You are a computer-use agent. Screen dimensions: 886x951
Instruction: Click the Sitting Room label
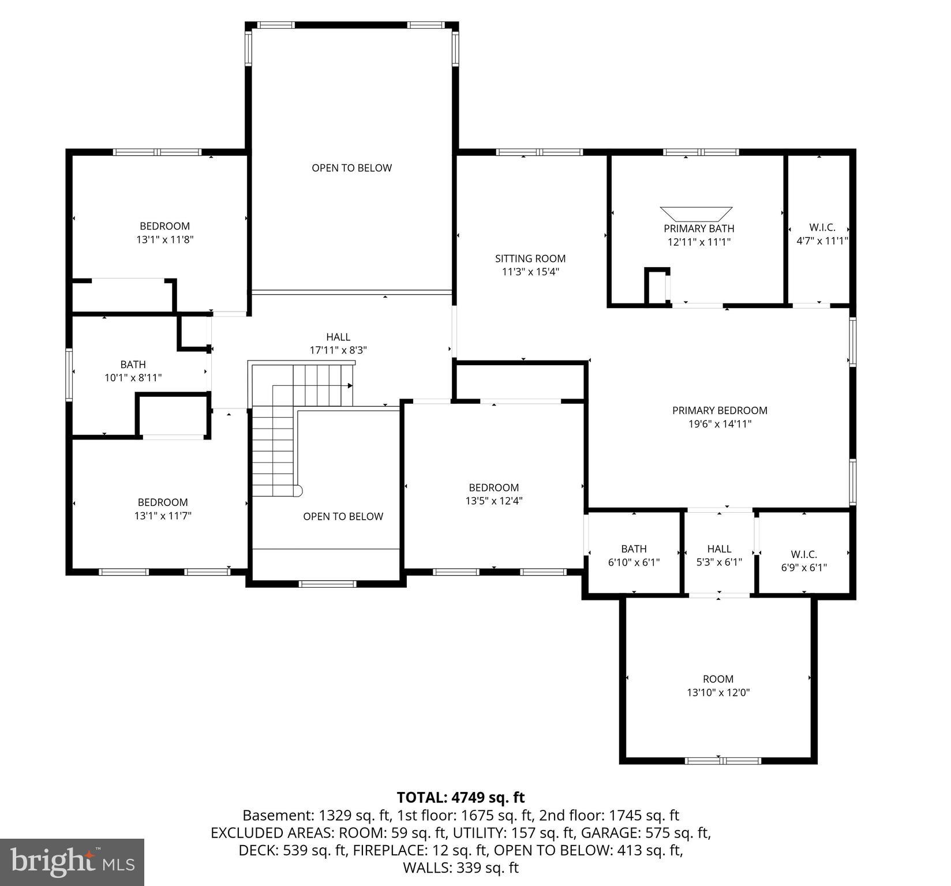coord(530,258)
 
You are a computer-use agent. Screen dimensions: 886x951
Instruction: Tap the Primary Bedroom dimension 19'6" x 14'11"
coord(720,424)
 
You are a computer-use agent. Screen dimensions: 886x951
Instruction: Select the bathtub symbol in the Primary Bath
coord(696,213)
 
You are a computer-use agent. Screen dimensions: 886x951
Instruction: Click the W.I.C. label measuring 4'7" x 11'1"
coord(822,228)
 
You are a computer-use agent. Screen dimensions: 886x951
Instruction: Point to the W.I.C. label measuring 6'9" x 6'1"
coord(804,554)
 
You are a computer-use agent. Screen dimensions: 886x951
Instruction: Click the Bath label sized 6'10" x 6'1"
coord(634,549)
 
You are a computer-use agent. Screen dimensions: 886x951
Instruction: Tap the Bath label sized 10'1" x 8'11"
coord(133,365)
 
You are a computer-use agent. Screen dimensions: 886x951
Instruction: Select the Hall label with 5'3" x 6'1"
coord(719,549)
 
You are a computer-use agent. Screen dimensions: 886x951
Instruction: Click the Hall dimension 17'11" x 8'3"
coord(338,350)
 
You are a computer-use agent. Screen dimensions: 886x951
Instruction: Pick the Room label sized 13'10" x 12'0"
coord(718,679)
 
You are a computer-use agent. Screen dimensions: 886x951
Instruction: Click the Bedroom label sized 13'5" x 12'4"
coord(493,487)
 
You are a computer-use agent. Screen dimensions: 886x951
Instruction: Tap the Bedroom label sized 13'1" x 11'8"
coord(164,226)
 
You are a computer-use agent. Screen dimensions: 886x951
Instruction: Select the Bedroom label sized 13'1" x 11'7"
coord(163,502)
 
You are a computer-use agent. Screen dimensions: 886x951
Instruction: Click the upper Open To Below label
coord(351,168)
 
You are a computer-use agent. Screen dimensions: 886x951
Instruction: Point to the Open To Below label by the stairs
coord(343,516)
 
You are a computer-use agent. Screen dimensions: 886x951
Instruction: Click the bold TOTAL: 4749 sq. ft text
coord(460,797)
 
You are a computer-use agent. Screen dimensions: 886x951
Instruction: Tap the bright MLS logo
coord(72,862)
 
